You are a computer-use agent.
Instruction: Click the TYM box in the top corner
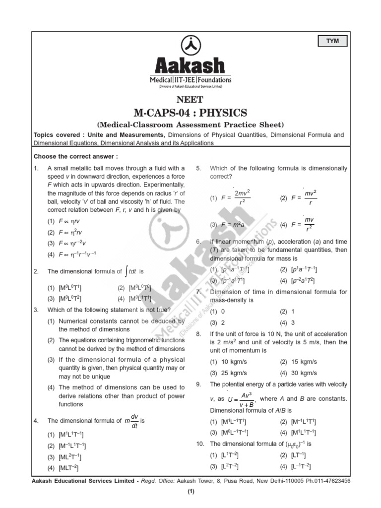332,41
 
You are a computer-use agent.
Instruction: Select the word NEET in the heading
190,100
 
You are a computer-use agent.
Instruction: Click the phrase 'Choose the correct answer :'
75,156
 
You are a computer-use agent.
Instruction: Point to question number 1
36,168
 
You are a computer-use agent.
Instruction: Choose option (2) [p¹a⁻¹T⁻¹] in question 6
298,269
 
